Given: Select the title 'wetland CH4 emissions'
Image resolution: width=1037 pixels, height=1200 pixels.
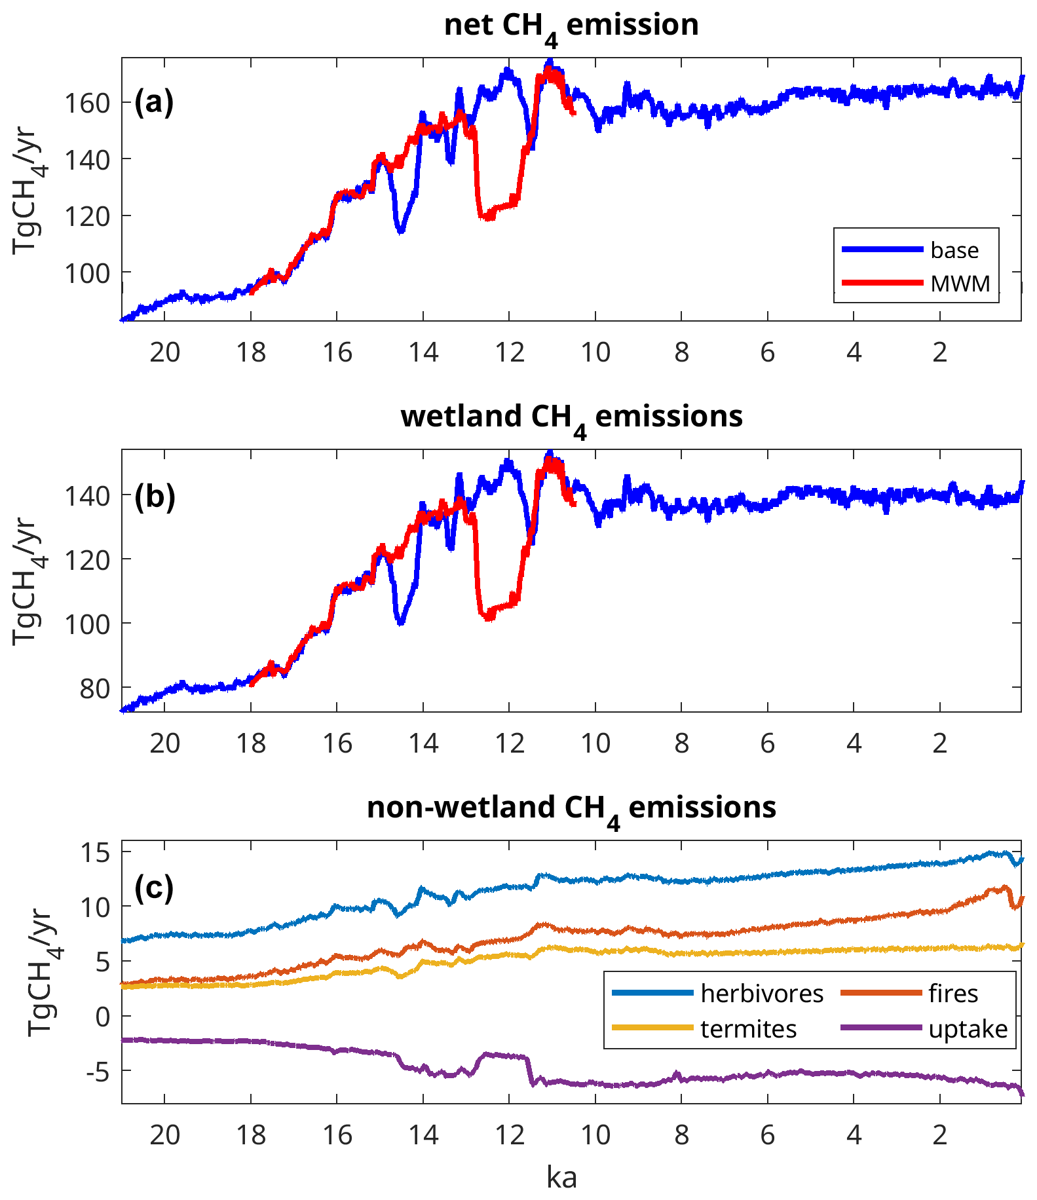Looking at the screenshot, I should pyautogui.click(x=571, y=417).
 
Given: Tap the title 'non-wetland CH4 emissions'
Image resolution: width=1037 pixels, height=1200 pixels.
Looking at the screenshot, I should pyautogui.click(x=571, y=808).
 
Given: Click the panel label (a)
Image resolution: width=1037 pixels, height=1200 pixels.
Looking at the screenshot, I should pyautogui.click(x=154, y=102).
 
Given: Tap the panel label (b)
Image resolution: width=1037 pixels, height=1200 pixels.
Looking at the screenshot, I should pyautogui.click(x=155, y=497).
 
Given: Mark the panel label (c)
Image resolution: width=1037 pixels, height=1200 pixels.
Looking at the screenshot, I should pyautogui.click(x=154, y=888).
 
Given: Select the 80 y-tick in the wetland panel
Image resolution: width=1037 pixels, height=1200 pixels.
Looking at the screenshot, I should pyautogui.click(x=96, y=688).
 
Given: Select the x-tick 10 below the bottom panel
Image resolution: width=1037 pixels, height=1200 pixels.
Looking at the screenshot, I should pyautogui.click(x=595, y=1135).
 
